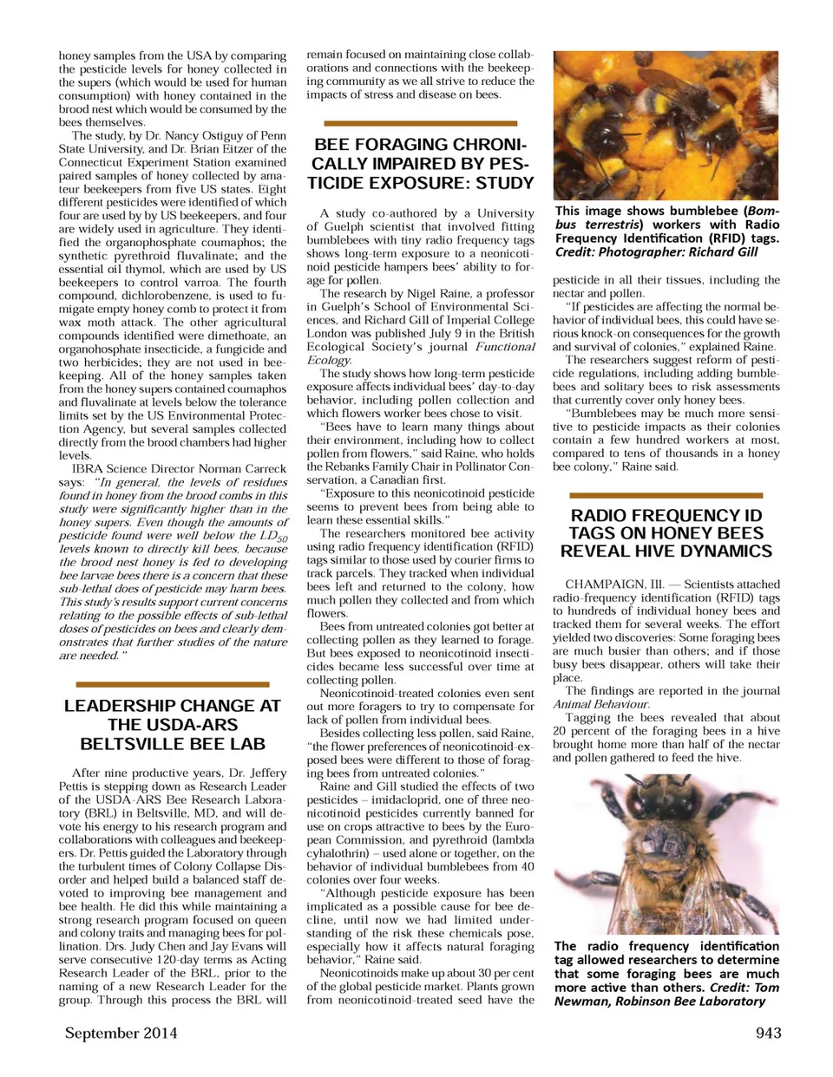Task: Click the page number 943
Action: (x=768, y=1032)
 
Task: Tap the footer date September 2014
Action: (x=121, y=1032)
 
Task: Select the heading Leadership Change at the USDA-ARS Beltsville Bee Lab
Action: (x=173, y=724)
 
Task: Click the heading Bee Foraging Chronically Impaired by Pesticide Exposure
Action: (x=421, y=163)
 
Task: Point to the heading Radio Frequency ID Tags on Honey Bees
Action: (x=666, y=532)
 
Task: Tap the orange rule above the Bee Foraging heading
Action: (x=421, y=124)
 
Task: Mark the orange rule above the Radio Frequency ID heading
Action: (x=666, y=494)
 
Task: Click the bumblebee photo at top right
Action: (x=666, y=125)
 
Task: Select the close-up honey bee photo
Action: (x=666, y=854)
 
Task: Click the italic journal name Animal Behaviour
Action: (x=600, y=704)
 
